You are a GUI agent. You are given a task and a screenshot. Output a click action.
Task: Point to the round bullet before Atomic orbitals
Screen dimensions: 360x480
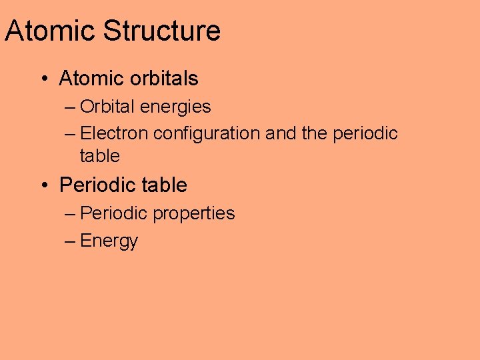click(x=43, y=79)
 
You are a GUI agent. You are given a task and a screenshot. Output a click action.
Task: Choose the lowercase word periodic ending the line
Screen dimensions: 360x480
click(x=365, y=133)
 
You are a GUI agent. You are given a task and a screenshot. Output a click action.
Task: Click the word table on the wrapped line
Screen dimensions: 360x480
click(x=99, y=156)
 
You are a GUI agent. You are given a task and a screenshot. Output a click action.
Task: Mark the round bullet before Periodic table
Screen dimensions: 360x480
click(x=43, y=185)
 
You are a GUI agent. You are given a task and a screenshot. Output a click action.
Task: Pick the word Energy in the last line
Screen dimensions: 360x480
click(x=109, y=241)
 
